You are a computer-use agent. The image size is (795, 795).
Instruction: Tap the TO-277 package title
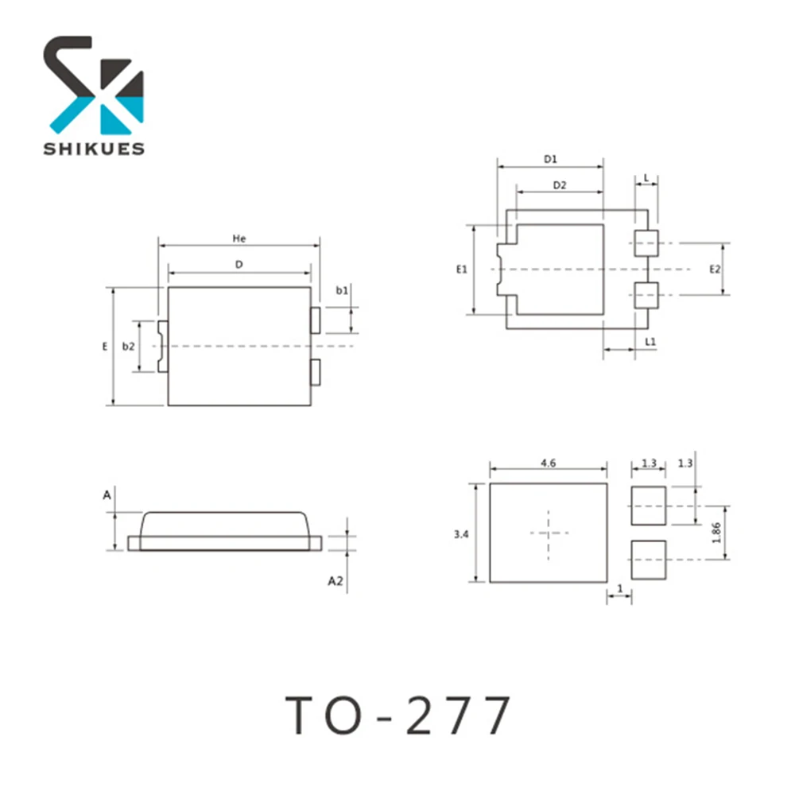coord(398,715)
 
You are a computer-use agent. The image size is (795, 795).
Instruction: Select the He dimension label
coord(238,238)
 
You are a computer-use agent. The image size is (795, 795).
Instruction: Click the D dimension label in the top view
coord(238,264)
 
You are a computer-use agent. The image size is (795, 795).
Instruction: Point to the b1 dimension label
coord(341,291)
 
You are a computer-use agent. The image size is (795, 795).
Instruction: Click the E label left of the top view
coord(104,347)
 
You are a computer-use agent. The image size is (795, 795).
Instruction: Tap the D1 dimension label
coord(550,159)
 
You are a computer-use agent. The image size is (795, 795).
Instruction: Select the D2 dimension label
coord(559,185)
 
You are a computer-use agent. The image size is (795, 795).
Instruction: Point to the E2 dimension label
coord(715,270)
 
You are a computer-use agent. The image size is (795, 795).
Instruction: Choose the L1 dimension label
coord(650,341)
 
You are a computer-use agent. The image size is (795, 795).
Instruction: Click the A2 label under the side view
coord(336,581)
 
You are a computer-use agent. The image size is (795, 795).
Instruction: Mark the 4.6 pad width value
coord(548,462)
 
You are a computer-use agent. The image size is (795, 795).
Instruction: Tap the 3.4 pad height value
coord(460,535)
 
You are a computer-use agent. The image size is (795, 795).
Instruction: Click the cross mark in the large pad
coord(549,533)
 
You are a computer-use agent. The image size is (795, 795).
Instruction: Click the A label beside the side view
coord(107,495)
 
